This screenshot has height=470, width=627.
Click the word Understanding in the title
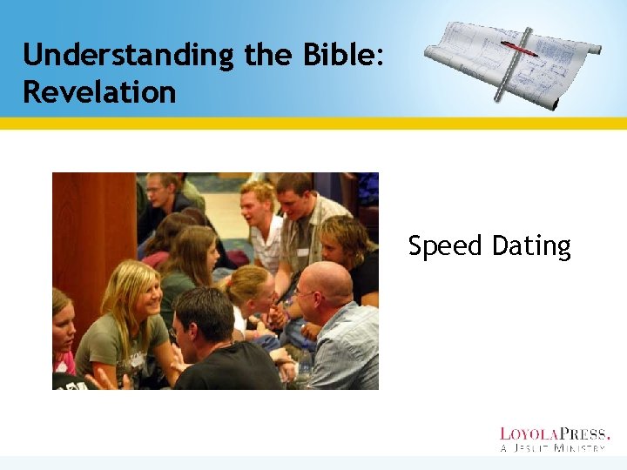(128, 56)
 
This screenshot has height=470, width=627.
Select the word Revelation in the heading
(99, 91)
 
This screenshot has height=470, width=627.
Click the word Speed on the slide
(445, 247)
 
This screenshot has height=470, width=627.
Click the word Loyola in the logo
(528, 433)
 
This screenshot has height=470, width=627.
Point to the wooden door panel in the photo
(91, 235)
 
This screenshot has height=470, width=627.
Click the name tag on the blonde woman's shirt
(138, 358)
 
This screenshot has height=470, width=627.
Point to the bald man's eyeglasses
(307, 295)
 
